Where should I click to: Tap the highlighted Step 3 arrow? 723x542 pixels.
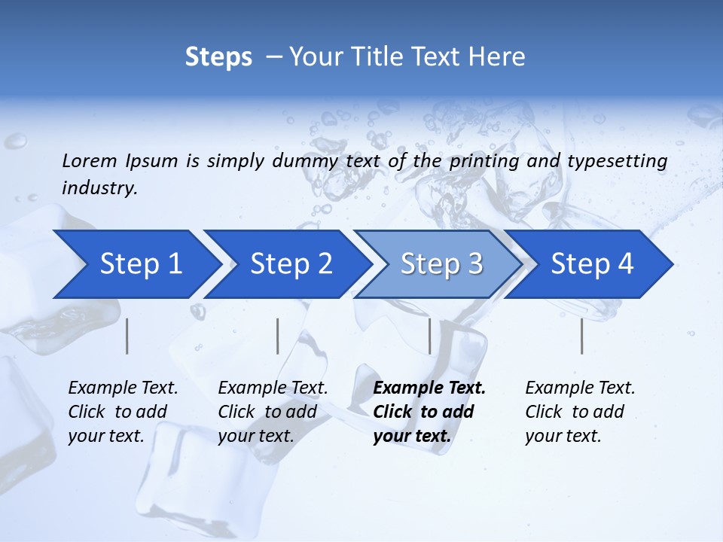(x=441, y=264)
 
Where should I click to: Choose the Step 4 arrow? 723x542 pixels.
(x=592, y=264)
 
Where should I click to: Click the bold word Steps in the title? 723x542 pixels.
(x=218, y=57)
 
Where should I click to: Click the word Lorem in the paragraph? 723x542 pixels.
(x=90, y=160)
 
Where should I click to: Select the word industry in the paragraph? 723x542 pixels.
(x=99, y=188)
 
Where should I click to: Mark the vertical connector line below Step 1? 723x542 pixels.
(x=127, y=336)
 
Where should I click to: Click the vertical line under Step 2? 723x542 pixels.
(x=278, y=336)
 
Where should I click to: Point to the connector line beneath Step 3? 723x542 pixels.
(x=429, y=336)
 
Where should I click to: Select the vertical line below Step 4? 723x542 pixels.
(x=581, y=336)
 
